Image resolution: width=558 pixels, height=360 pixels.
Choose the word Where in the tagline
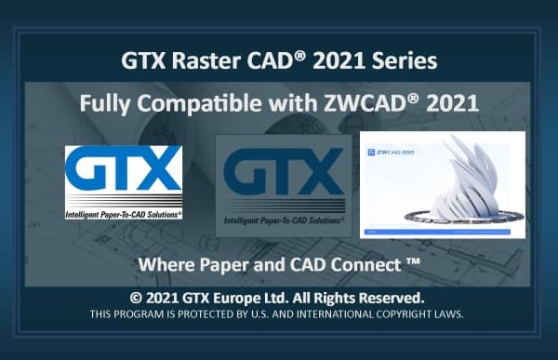point(164,264)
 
